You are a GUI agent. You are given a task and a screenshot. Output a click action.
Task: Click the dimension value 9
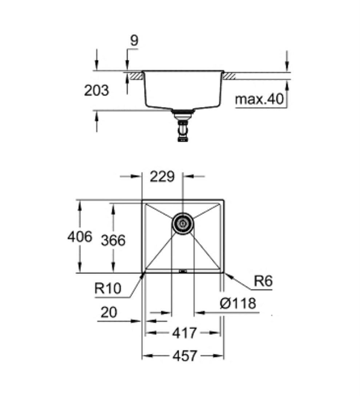tap(134, 40)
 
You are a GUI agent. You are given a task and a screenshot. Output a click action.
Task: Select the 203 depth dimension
tap(96, 91)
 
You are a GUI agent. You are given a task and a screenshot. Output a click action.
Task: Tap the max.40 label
tap(259, 99)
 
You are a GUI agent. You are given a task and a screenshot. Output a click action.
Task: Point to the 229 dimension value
tap(162, 176)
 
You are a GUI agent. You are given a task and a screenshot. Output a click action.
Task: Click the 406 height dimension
tap(80, 237)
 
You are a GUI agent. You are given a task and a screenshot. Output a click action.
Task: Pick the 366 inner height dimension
tap(113, 240)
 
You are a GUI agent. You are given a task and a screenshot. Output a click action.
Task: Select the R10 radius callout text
tap(108, 288)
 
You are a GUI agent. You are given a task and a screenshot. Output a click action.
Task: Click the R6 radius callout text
tap(263, 281)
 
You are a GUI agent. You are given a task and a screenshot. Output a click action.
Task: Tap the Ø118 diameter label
tap(238, 303)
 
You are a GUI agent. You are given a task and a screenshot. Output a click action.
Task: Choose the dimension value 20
tap(109, 312)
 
